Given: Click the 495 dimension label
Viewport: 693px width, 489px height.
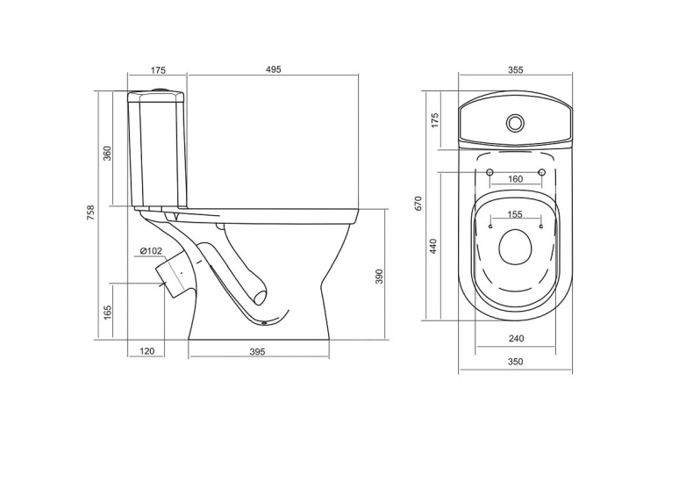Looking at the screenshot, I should [273, 70].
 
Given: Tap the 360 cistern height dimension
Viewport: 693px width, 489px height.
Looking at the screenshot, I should [107, 152].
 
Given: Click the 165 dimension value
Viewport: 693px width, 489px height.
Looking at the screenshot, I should [107, 312].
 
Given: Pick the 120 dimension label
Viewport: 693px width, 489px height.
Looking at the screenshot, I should [146, 351].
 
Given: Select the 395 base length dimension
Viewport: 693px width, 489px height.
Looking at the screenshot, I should [257, 351].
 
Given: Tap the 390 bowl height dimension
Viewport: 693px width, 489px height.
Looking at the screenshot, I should [379, 276].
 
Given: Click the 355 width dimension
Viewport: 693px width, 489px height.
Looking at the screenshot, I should [515, 70].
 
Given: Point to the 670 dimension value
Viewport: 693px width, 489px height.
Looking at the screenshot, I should [419, 203].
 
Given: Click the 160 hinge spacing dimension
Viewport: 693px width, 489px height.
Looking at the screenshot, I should [515, 179].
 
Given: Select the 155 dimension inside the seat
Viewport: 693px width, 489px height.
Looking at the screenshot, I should [515, 214].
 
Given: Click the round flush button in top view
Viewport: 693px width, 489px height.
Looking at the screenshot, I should [516, 122].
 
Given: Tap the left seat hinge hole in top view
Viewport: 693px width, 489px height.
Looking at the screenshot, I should [489, 170].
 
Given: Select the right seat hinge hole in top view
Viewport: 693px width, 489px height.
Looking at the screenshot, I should [542, 170].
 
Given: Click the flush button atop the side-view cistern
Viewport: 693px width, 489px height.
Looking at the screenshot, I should [158, 90].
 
